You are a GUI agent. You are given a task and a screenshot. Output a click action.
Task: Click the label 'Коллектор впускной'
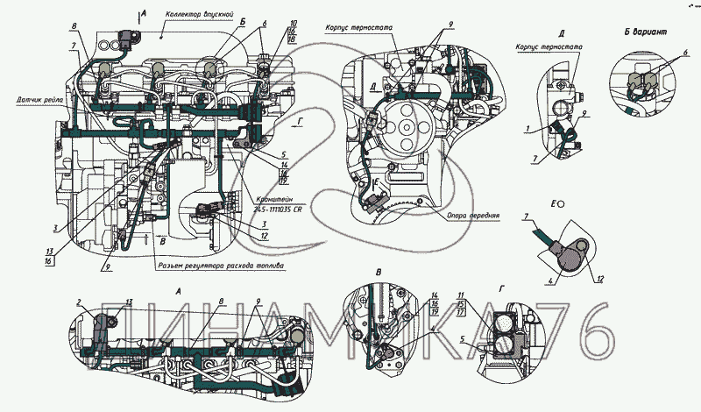(x=198, y=16)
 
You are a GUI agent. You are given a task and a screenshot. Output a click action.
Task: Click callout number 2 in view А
(x=78, y=302)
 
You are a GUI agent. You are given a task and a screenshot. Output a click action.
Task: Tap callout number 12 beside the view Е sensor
(x=599, y=280)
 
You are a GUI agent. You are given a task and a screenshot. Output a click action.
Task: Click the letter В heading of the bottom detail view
(x=378, y=273)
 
